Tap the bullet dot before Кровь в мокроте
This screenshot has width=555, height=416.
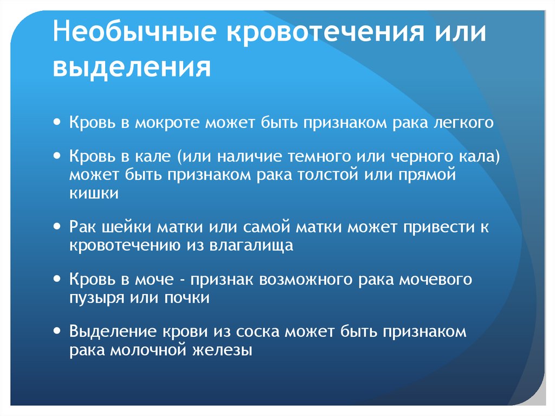(57, 122)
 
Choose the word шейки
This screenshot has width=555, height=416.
(125, 228)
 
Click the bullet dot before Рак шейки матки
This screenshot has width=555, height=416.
(57, 227)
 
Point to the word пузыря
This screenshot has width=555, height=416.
(95, 298)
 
